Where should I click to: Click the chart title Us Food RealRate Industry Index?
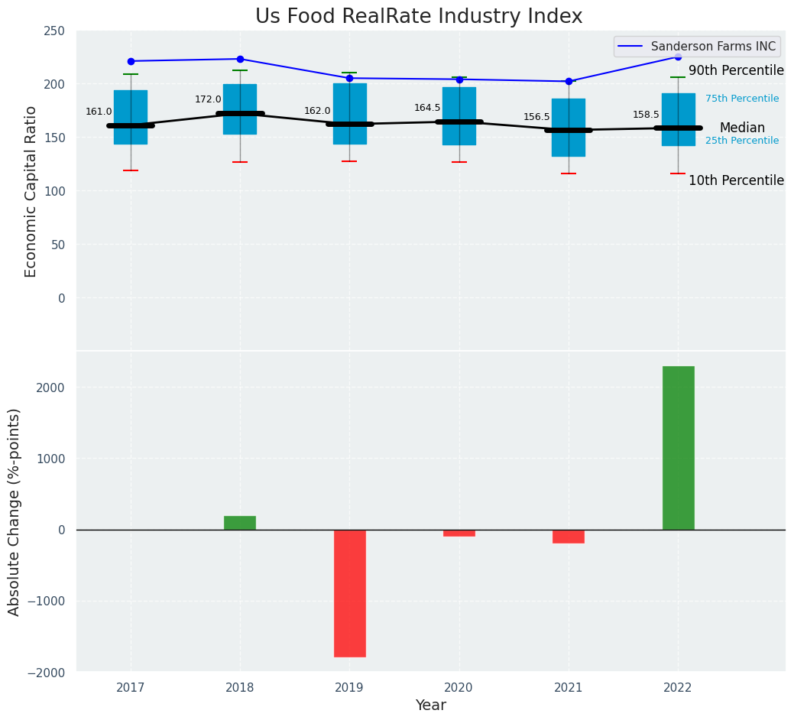point(419,17)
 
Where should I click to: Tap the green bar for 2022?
point(678,448)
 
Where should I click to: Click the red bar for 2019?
point(350,593)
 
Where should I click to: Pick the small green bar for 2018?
point(240,523)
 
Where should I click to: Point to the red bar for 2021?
point(569,537)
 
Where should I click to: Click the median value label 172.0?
point(208,99)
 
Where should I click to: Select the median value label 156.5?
point(536,117)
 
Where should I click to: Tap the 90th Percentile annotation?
point(736,71)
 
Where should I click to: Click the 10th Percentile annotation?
point(736,181)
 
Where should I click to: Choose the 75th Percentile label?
point(742,99)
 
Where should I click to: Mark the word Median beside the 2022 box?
point(742,128)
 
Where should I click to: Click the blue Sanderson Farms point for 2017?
point(131,61)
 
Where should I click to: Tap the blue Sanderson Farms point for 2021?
point(569,81)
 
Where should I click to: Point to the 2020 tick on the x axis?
point(459,688)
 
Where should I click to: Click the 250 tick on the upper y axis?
point(54,31)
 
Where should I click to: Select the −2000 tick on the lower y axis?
point(47,672)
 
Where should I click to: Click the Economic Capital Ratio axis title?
point(31,191)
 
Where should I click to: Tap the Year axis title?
point(431,705)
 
